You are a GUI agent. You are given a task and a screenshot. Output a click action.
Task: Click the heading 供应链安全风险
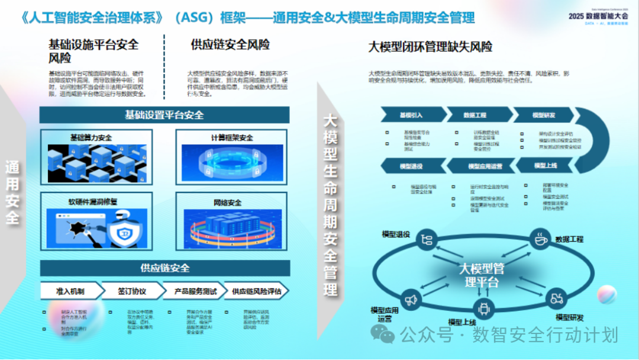pyautogui.click(x=230, y=44)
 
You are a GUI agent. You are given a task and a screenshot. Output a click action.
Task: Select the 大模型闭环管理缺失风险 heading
pyautogui.click(x=430, y=47)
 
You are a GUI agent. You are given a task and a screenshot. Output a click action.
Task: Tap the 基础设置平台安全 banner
pyautogui.click(x=164, y=115)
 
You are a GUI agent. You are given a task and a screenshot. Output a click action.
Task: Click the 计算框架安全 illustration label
pyautogui.click(x=232, y=138)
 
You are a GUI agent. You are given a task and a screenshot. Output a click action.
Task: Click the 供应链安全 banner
pyautogui.click(x=164, y=268)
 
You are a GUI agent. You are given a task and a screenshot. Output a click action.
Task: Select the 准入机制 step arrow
pyautogui.click(x=70, y=291)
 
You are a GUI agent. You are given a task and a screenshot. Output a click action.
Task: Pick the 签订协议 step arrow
pyautogui.click(x=131, y=291)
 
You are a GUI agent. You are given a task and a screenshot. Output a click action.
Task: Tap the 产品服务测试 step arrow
pyautogui.click(x=195, y=291)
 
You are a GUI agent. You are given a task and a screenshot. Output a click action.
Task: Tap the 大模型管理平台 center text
pyautogui.click(x=482, y=275)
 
